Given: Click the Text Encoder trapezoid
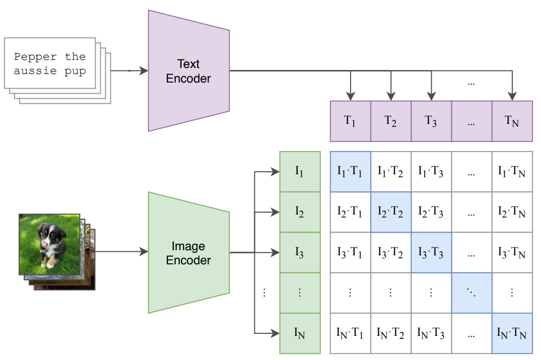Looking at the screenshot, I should point(189,71).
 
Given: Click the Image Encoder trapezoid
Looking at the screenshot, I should point(189,253).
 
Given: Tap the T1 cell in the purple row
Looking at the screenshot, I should point(350,121).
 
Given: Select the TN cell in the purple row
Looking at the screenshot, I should point(512,121).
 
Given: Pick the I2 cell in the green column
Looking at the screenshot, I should point(300,212).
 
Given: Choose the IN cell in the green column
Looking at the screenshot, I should point(300,333).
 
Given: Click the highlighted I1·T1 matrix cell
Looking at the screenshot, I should point(350,172).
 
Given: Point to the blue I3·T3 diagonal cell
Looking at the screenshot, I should point(431,252).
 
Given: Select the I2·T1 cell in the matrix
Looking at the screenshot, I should point(350,212).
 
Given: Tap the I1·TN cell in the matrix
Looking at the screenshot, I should point(512,172).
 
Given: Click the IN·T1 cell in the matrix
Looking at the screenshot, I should point(350,333).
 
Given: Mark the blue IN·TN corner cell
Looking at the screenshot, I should point(512,333).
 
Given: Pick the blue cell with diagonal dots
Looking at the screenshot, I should point(471,293).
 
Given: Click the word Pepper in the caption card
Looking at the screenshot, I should point(35,56).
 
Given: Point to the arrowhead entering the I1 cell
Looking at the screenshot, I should point(275,172).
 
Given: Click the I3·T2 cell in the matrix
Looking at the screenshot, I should point(390,252).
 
